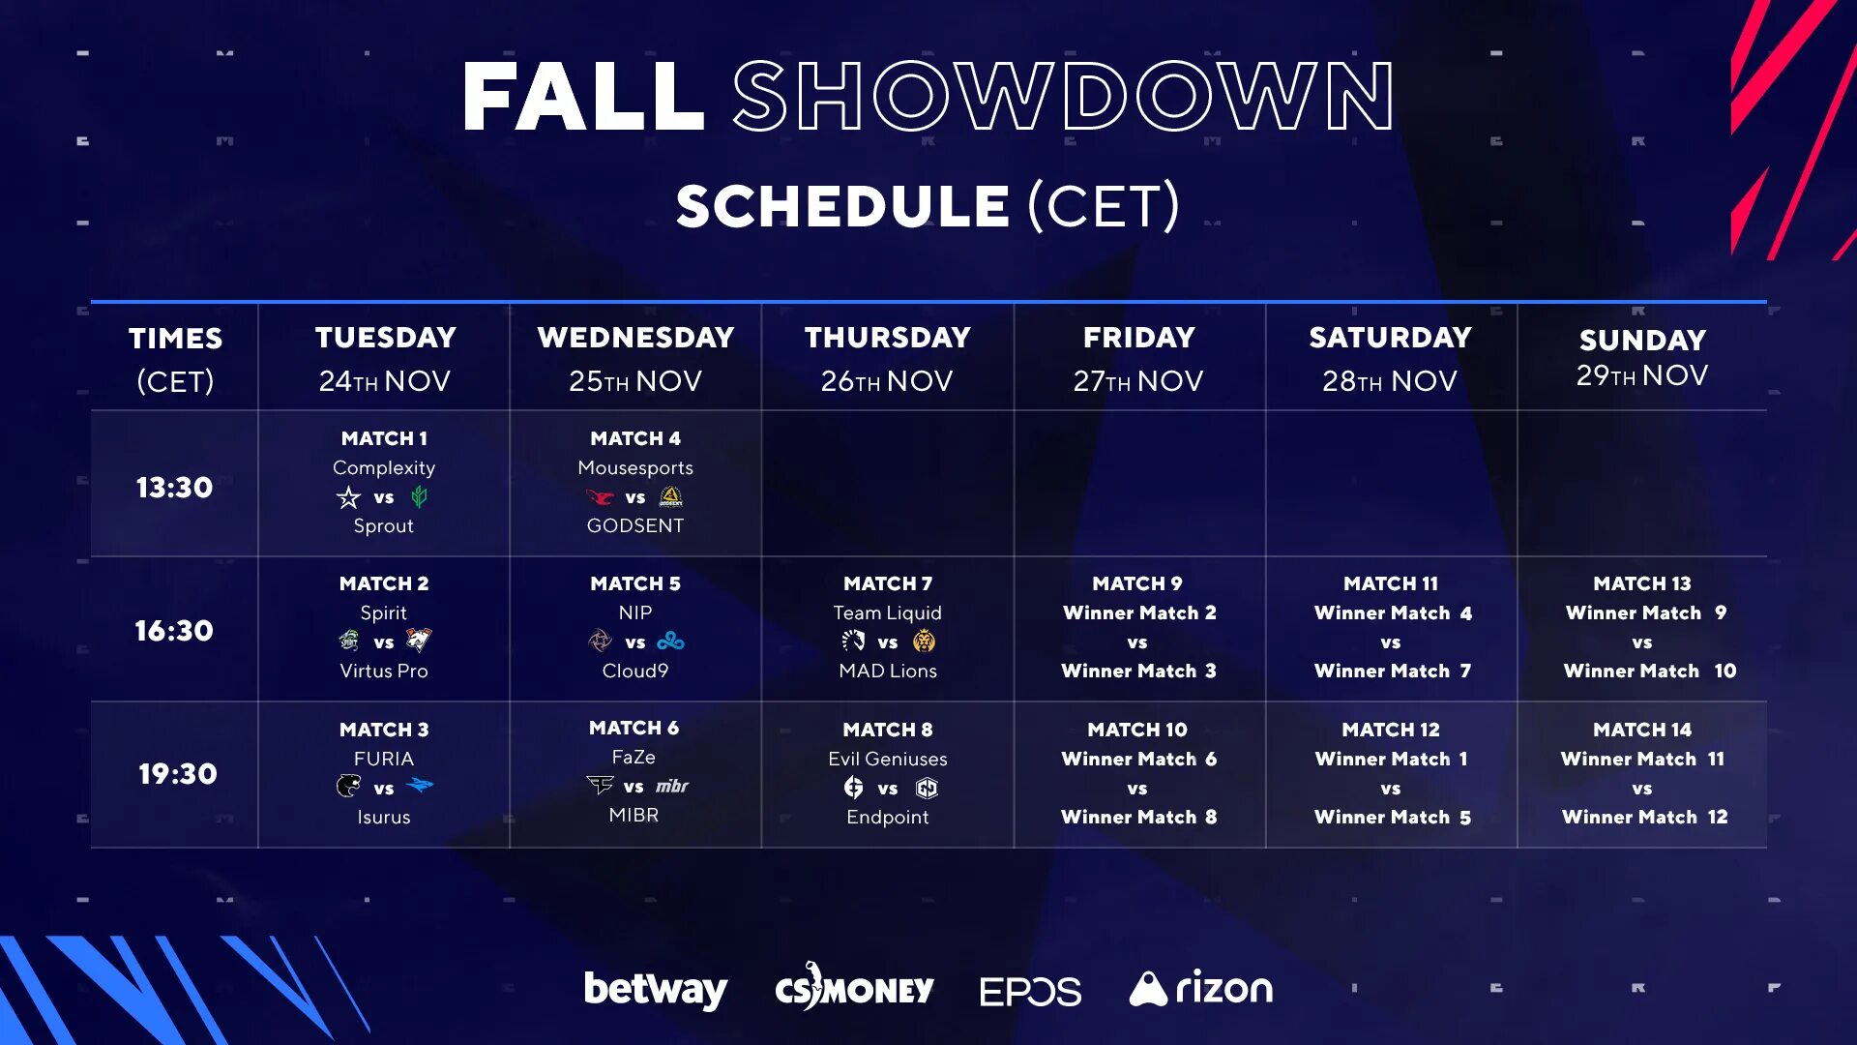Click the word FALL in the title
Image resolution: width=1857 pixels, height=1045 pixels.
pos(582,96)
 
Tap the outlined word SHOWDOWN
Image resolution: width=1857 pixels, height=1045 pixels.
pos(1063,96)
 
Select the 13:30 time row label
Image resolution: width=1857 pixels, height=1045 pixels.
pos(174,487)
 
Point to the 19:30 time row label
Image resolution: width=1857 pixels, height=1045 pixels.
pos(177,773)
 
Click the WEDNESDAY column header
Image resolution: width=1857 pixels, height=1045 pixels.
pos(635,337)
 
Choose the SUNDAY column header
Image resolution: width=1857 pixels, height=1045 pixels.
pos(1642,340)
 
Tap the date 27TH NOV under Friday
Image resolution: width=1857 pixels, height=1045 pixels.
pos(1138,381)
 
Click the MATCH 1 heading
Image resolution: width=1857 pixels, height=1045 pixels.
pos(384,438)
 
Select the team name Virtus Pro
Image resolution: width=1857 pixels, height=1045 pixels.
pos(384,671)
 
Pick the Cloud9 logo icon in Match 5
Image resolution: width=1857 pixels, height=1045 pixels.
pos(670,642)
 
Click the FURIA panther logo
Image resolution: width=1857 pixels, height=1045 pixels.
pos(348,786)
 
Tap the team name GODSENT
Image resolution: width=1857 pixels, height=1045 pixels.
pos(635,525)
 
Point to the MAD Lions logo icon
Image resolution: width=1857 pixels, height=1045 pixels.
pos(925,641)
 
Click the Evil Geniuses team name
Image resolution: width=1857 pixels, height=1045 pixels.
pos(888,759)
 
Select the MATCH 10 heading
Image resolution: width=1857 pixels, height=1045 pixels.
pos(1137,730)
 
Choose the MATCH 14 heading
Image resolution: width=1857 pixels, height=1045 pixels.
pos(1642,730)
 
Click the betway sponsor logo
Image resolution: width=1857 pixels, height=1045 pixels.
pos(656,989)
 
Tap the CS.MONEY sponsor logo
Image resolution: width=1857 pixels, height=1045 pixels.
pos(854,988)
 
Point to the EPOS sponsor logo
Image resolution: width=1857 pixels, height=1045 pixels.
pos(1030,992)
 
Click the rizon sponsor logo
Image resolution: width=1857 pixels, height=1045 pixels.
pos(1201,988)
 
